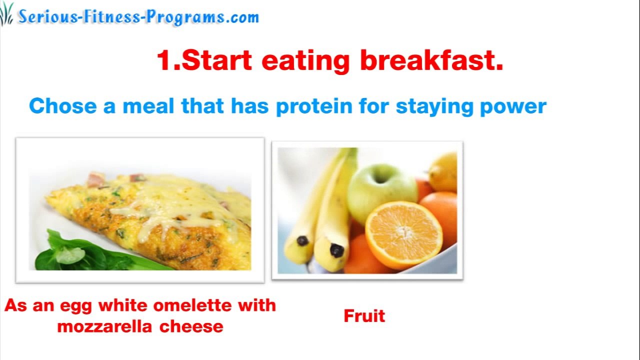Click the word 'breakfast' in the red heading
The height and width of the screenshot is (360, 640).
[431, 60]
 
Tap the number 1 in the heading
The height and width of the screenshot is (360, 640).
[164, 60]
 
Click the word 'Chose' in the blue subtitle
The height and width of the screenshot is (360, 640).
[63, 106]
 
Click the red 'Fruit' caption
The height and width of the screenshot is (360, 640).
[364, 316]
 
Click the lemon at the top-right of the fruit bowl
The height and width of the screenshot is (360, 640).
[444, 171]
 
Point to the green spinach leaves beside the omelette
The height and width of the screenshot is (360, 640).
[75, 252]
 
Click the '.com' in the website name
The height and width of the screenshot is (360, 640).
[242, 17]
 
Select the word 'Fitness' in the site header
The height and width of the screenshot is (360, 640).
[112, 17]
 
